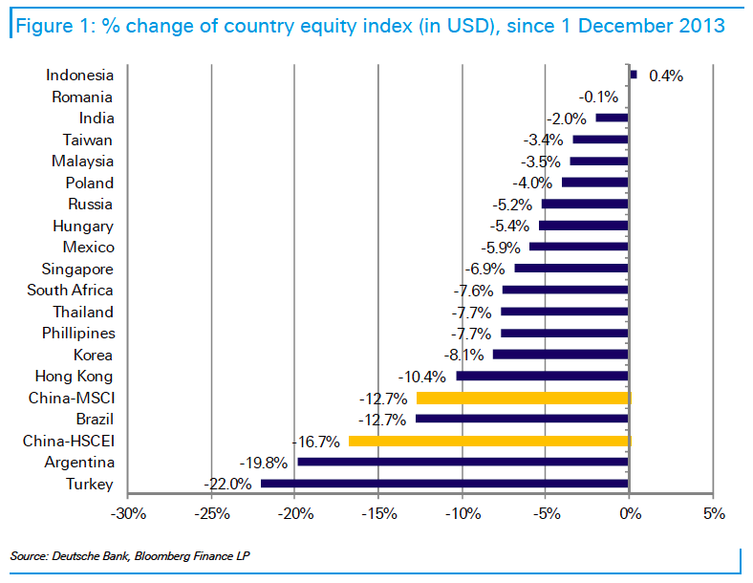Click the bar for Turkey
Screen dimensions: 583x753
444,484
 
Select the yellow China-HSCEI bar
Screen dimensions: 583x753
489,441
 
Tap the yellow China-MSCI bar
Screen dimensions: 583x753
523,398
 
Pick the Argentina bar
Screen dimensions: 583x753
463,463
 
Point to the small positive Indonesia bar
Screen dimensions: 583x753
633,74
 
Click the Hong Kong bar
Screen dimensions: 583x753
542,377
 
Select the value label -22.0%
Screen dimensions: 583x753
227,485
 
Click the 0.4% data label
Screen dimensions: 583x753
666,76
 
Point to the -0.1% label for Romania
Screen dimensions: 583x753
599,97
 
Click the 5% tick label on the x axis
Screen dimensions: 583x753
713,514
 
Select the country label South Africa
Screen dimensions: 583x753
70,291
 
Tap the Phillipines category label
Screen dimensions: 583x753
78,334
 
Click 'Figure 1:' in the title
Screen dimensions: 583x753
55,24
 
